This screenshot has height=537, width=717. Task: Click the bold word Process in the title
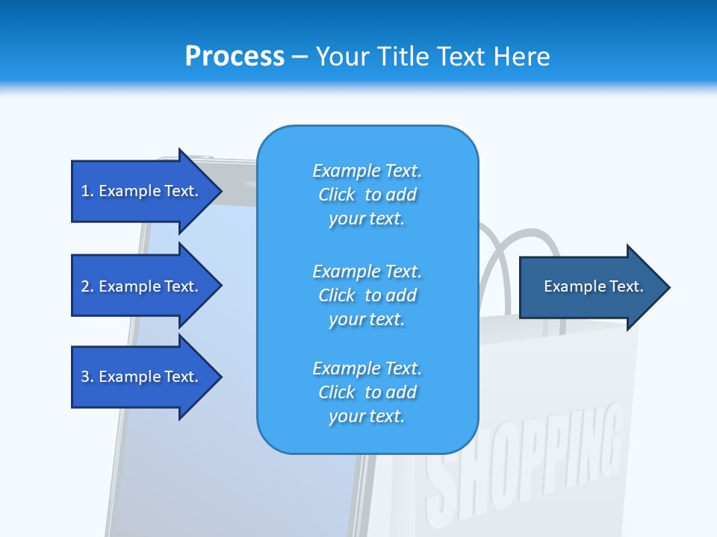(x=235, y=56)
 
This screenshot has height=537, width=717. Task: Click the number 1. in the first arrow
(x=87, y=191)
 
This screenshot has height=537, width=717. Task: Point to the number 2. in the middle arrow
(x=87, y=286)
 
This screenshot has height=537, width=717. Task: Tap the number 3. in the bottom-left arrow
(x=87, y=377)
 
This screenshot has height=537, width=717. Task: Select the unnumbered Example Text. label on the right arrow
(x=594, y=286)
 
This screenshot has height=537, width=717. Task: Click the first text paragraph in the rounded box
(x=367, y=195)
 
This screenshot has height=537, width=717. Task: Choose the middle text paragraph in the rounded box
(x=367, y=295)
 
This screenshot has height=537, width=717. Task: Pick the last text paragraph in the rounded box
(x=367, y=392)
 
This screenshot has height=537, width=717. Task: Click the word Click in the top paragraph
(x=337, y=195)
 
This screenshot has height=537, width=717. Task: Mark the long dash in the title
(x=299, y=57)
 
